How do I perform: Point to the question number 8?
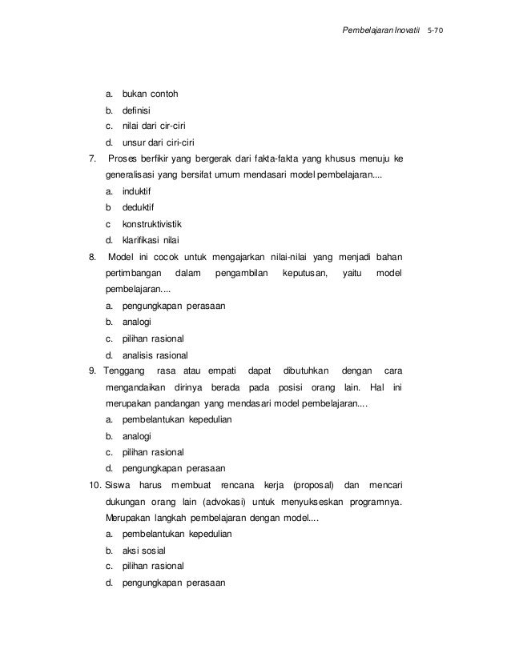coord(92,257)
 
